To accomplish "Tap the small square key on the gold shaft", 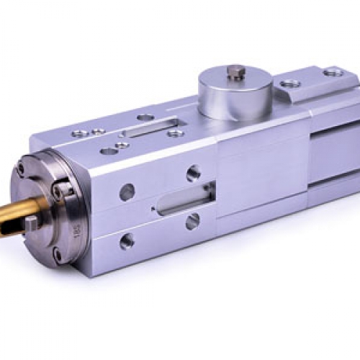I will (32, 222).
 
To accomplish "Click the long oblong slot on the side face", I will (183, 199).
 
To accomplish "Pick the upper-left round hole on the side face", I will (127, 192).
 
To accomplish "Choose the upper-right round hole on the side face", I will (193, 173).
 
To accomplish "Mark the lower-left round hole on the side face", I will (127, 240).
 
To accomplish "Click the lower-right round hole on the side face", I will (192, 221).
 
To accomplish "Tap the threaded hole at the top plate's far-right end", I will (332, 72).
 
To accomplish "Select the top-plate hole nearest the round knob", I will (290, 84).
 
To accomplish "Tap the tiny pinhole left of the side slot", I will (153, 210).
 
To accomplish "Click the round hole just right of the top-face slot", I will (175, 132).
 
